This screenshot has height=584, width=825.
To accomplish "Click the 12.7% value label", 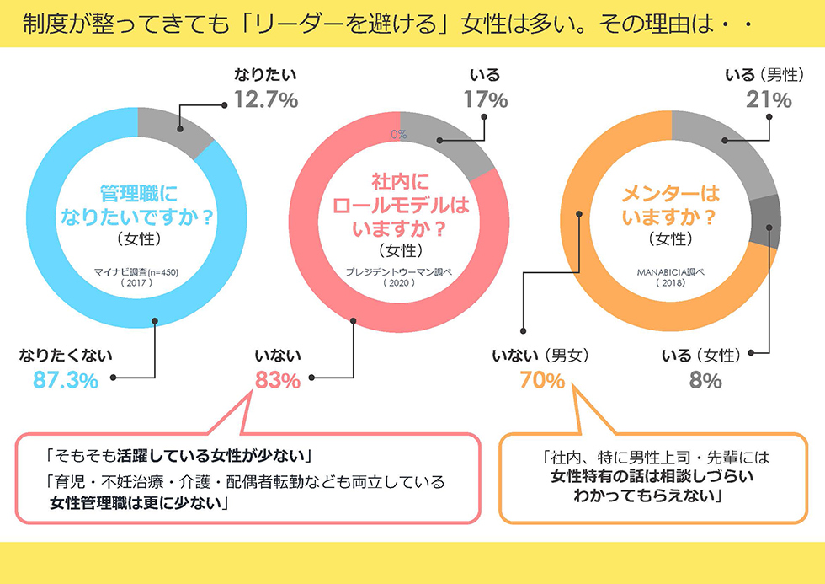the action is pyautogui.click(x=266, y=99).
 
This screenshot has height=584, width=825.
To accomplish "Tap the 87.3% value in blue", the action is pyautogui.click(x=66, y=380).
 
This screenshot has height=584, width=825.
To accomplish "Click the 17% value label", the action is pyautogui.click(x=485, y=99).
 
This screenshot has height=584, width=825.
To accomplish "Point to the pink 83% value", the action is pyautogui.click(x=278, y=380).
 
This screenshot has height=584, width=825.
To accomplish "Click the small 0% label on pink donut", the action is pyautogui.click(x=399, y=134).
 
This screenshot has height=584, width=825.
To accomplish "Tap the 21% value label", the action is pyautogui.click(x=769, y=99).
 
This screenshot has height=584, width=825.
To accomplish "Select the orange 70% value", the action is pyautogui.click(x=542, y=380).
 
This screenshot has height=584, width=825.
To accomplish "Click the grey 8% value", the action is pyautogui.click(x=705, y=380).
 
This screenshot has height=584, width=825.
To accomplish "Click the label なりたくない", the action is pyautogui.click(x=66, y=356).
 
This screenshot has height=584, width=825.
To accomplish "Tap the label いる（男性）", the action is pyautogui.click(x=764, y=75).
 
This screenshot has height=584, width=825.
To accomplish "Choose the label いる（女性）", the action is pyautogui.click(x=700, y=356).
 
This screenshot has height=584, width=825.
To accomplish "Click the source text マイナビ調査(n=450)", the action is pyautogui.click(x=136, y=272).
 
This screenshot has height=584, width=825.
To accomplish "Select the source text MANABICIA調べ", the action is pyautogui.click(x=671, y=272).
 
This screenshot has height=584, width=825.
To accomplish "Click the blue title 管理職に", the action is pyautogui.click(x=139, y=194).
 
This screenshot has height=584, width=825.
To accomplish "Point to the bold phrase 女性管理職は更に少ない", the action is pyautogui.click(x=136, y=503).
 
